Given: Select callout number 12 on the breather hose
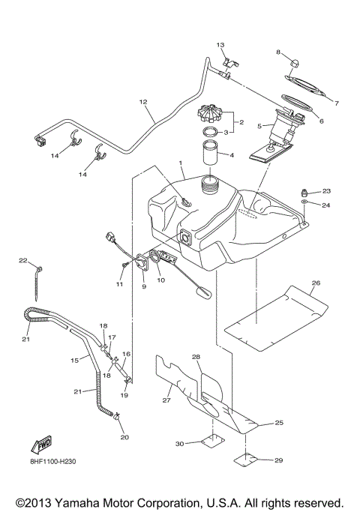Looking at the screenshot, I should tap(143, 100).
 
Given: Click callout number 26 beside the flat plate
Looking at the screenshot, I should tap(316, 283).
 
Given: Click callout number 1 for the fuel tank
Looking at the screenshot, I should tap(180, 163).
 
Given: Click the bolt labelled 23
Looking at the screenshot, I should tap(304, 193).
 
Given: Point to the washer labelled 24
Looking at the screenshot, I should tap(304, 203).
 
